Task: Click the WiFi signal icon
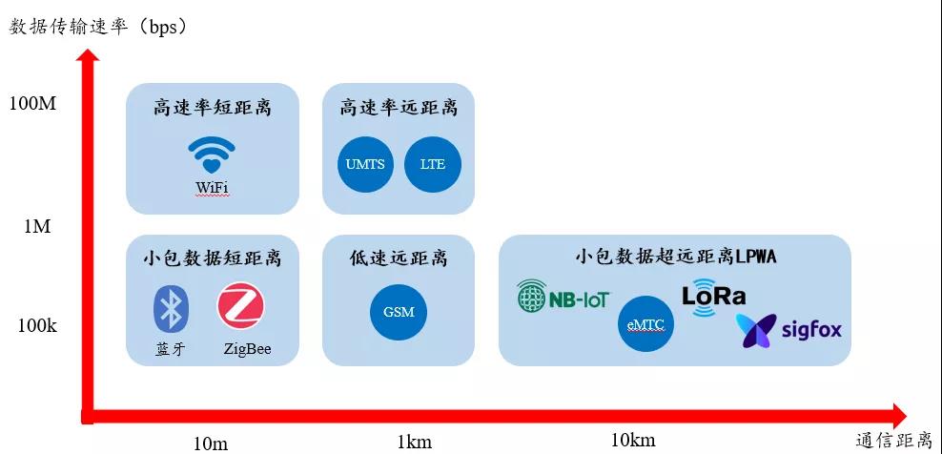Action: (212, 155)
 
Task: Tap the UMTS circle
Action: (365, 164)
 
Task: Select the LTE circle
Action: (432, 164)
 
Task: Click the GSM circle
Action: (399, 312)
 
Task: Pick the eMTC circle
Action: (645, 324)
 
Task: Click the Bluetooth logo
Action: (172, 308)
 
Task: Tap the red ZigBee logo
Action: (240, 307)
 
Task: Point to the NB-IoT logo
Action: (563, 298)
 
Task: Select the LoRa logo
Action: (713, 295)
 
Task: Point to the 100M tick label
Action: (32, 103)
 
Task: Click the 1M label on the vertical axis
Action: (37, 227)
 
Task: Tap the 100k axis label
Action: (37, 326)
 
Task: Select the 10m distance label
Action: (210, 443)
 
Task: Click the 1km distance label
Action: (414, 442)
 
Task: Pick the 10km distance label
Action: (633, 440)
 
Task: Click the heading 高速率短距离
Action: (212, 107)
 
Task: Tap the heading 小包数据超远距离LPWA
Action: (675, 257)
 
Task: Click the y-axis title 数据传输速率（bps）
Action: (98, 26)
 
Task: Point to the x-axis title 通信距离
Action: (893, 441)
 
